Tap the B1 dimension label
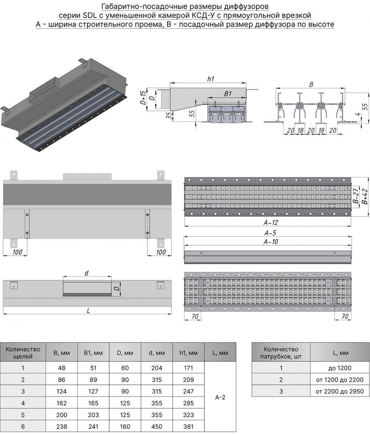(228, 95)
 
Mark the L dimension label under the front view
(88, 311)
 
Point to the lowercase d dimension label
(87, 273)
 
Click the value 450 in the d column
(157, 426)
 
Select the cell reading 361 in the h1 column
(188, 426)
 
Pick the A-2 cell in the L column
(220, 397)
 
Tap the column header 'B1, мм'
(93, 352)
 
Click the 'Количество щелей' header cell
(23, 352)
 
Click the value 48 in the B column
(62, 368)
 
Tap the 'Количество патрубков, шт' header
(281, 352)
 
